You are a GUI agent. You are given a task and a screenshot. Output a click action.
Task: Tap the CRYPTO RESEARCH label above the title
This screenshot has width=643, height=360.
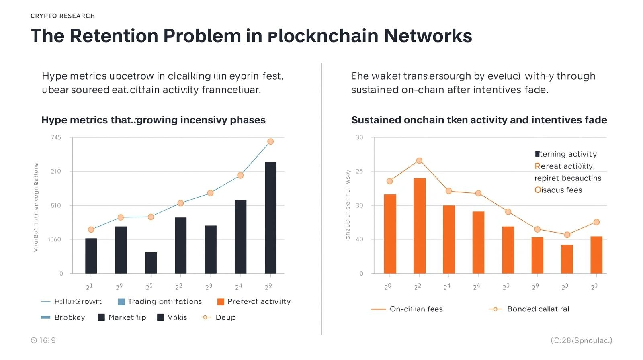(x=63, y=16)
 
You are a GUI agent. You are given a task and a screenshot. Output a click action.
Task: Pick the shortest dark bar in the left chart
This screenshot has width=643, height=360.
(x=151, y=263)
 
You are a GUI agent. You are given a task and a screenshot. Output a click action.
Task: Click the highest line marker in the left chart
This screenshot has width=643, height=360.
(x=270, y=141)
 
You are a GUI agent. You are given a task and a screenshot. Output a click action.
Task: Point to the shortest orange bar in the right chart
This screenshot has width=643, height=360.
(x=567, y=259)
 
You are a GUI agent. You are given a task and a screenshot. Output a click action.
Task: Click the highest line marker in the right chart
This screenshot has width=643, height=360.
(x=419, y=160)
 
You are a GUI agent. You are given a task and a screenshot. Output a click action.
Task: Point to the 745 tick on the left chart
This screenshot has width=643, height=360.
(x=56, y=137)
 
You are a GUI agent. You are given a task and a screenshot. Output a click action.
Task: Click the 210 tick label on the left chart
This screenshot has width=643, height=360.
(x=56, y=172)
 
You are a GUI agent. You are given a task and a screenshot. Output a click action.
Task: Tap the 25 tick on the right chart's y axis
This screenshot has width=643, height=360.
(x=359, y=172)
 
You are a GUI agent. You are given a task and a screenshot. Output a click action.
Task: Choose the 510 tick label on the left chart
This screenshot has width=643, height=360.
(x=56, y=206)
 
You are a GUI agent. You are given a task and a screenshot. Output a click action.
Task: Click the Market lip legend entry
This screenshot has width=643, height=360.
(x=122, y=317)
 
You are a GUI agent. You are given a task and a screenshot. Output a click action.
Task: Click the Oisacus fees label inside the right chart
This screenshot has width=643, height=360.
(x=558, y=190)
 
